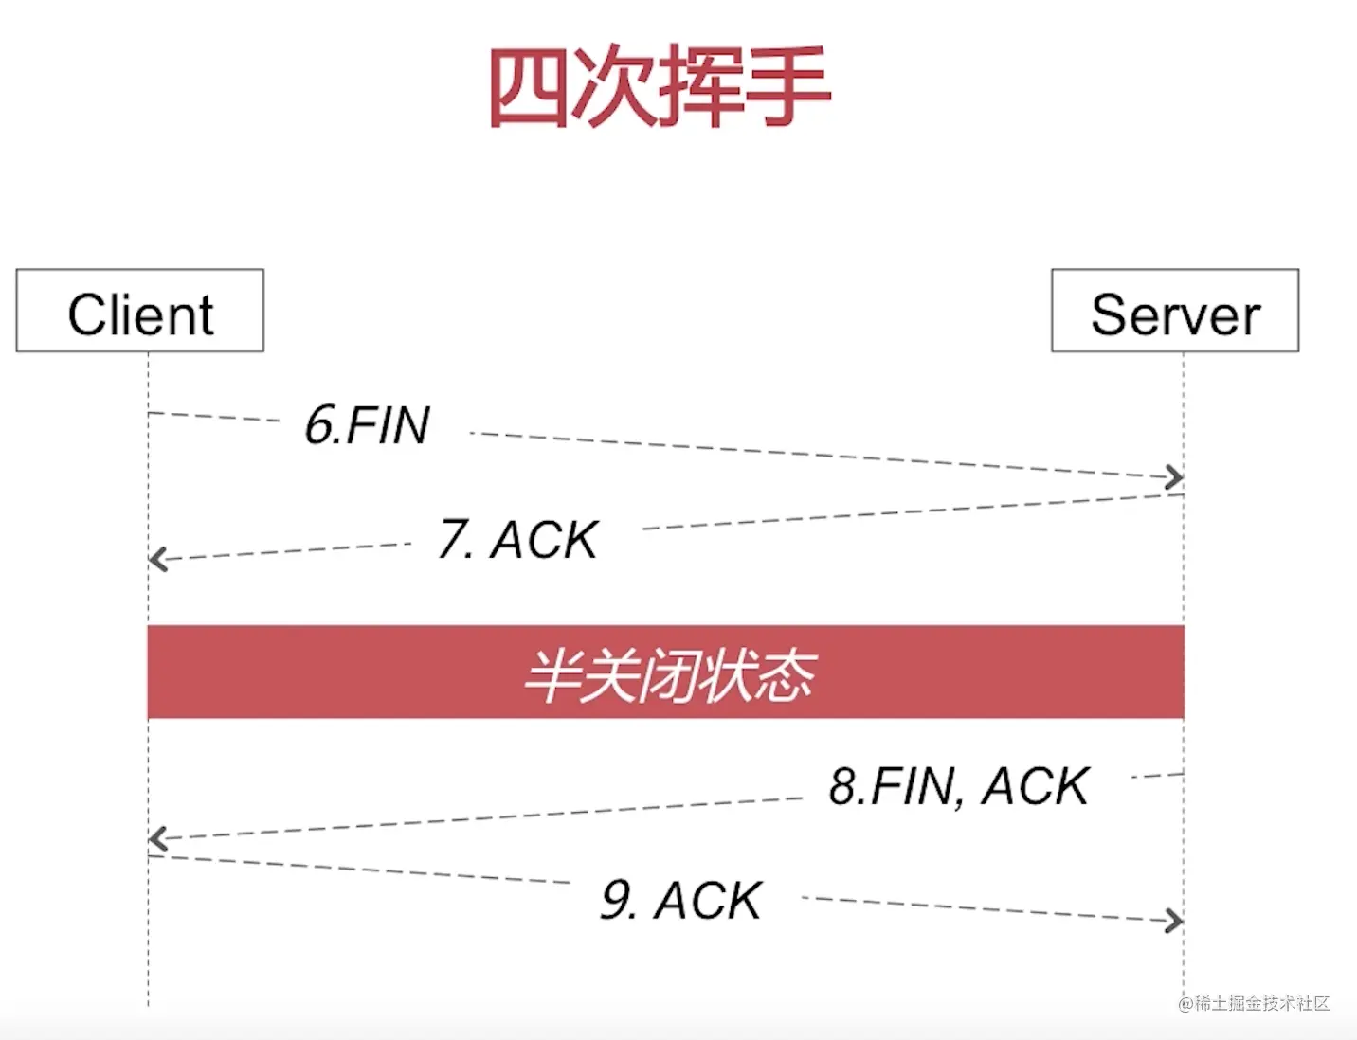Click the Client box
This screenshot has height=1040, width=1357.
(x=140, y=312)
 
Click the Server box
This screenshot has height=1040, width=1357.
(x=1175, y=312)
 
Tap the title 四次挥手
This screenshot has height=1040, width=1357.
(x=660, y=86)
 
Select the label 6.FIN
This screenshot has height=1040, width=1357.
(x=368, y=425)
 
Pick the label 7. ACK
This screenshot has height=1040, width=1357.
(x=518, y=540)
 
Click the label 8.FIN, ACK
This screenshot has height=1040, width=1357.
(x=959, y=786)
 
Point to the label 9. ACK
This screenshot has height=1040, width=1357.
(x=681, y=900)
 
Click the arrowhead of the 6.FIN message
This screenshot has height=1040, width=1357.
(x=1175, y=477)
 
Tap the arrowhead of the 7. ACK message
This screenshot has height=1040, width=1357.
(x=157, y=559)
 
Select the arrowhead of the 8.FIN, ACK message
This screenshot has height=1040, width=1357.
(x=157, y=838)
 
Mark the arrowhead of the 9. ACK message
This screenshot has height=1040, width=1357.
(x=1175, y=921)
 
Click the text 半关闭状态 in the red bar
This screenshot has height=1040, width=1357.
(x=669, y=675)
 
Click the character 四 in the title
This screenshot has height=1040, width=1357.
(x=529, y=86)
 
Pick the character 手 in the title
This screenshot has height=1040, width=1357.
(x=788, y=86)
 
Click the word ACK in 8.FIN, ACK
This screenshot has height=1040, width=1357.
(x=1035, y=786)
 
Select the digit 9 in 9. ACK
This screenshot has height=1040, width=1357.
(x=617, y=900)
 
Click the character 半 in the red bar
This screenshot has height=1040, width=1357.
(x=552, y=675)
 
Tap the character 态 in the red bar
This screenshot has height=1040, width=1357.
(x=785, y=675)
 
